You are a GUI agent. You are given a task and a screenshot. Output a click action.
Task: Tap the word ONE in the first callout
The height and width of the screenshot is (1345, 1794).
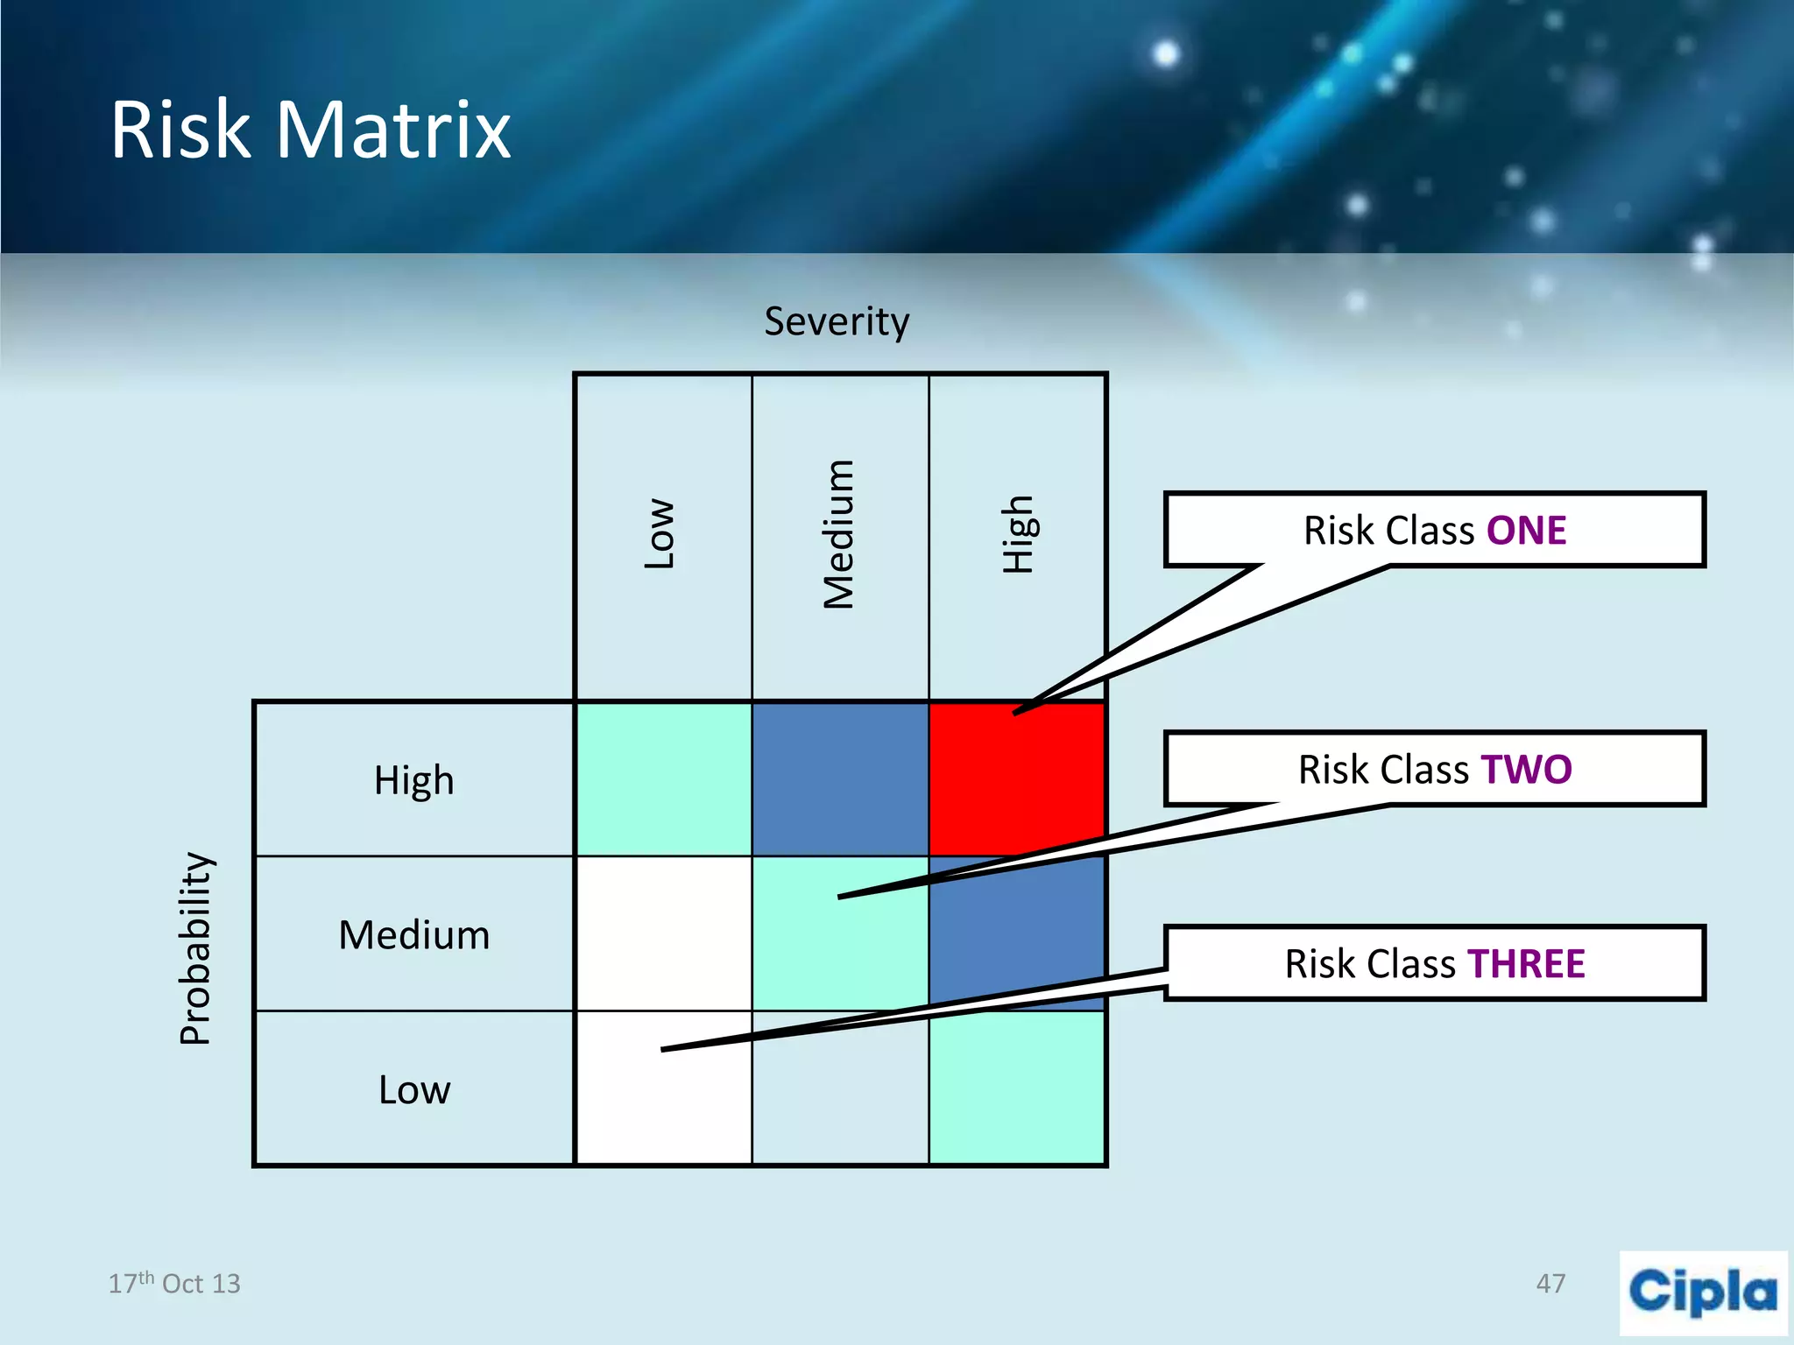(x=1526, y=531)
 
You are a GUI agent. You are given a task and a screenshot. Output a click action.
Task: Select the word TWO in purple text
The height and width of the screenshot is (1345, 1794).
(x=1526, y=770)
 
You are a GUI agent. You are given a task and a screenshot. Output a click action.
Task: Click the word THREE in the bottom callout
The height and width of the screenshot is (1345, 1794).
(x=1526, y=964)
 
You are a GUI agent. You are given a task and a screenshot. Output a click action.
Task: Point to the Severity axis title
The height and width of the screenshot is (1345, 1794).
(x=837, y=321)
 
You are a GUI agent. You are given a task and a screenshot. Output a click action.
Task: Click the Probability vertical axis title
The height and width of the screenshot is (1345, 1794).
(x=195, y=948)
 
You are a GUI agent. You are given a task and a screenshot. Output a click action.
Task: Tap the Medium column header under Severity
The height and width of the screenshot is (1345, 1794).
(x=838, y=534)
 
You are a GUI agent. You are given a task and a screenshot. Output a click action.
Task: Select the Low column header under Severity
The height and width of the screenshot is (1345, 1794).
(x=660, y=534)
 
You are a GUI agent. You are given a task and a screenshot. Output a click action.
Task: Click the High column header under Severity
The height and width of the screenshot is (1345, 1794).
(x=1018, y=534)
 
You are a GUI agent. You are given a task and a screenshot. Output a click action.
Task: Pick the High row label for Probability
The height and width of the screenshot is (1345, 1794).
(x=413, y=780)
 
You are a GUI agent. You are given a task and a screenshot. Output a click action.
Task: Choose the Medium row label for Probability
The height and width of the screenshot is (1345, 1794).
(x=413, y=935)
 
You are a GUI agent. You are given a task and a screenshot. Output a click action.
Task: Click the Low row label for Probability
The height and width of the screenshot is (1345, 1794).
(x=413, y=1090)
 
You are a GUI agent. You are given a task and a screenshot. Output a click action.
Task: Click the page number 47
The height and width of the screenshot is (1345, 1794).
(x=1550, y=1284)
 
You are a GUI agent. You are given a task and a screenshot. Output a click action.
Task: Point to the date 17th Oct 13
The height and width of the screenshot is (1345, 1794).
(x=173, y=1284)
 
